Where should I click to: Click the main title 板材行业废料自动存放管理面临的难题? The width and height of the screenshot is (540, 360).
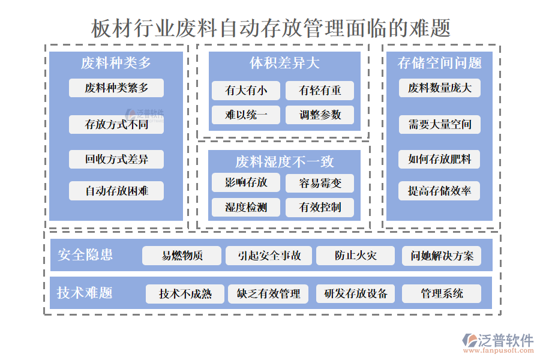tap(271, 28)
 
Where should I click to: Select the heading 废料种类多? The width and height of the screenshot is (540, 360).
tap(116, 63)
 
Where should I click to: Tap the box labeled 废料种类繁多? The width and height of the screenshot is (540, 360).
tap(116, 88)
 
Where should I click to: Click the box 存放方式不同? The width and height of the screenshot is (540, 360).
tap(116, 125)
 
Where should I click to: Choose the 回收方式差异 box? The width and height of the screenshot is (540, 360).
tap(116, 159)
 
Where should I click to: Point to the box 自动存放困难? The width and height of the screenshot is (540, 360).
tap(116, 191)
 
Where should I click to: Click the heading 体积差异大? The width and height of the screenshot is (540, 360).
tap(284, 63)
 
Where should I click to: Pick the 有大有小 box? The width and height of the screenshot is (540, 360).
tap(246, 91)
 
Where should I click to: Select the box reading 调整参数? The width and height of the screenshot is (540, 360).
tap(320, 115)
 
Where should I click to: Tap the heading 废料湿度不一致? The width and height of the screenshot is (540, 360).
tap(284, 161)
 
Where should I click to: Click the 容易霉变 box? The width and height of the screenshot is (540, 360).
tap(320, 183)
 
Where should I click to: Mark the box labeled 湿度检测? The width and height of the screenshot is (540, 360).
tap(246, 208)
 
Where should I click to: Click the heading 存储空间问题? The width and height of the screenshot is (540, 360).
tap(440, 63)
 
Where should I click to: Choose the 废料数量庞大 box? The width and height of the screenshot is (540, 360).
tap(440, 88)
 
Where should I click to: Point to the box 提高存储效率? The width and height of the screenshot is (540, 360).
tap(440, 191)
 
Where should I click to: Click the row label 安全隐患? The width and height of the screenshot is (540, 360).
tap(85, 255)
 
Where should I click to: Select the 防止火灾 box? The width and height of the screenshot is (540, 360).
tap(355, 256)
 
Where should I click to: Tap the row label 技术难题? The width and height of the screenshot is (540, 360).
tap(85, 293)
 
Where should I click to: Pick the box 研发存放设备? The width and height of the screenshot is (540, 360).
tap(355, 294)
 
